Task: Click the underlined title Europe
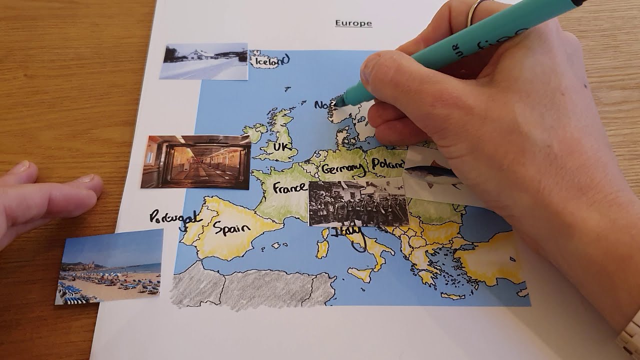353,23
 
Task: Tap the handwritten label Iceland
271,61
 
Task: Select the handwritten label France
289,188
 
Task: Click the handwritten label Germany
343,168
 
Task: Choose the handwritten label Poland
388,164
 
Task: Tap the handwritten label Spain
231,228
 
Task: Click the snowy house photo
203,61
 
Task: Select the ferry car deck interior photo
195,162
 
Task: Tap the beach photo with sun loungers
109,266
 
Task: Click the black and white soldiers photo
358,203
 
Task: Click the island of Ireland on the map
255,133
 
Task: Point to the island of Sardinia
322,247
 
